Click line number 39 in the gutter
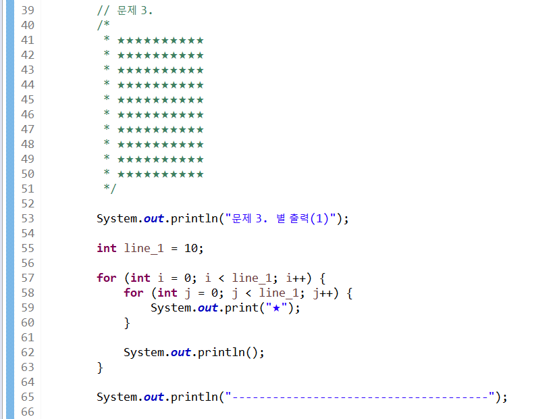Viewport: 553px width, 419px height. tap(26, 11)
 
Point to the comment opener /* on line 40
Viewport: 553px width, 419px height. tap(103, 26)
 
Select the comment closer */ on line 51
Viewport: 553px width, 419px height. tap(109, 189)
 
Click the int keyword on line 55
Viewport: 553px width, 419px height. tap(107, 248)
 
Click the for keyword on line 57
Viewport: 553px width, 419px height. tap(107, 278)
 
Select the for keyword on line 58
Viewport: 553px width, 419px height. tap(134, 293)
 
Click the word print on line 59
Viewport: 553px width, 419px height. tap(240, 307)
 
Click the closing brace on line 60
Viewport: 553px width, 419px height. tap(127, 322)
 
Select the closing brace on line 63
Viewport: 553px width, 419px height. tap(101, 367)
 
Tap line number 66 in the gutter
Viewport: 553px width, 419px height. tap(26, 412)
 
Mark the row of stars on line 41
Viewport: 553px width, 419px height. tap(161, 41)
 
